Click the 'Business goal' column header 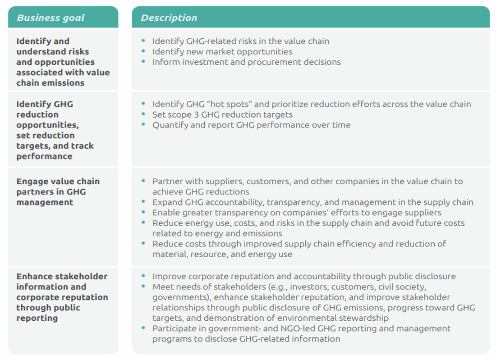[51, 18]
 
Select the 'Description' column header [169, 18]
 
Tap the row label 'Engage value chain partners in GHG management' [58, 192]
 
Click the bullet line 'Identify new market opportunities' [222, 52]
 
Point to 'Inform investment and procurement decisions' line [246, 62]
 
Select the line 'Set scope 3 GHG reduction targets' [222, 114]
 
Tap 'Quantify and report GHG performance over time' [251, 125]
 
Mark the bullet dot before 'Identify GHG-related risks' [143, 40]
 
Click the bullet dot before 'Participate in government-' [143, 328]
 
